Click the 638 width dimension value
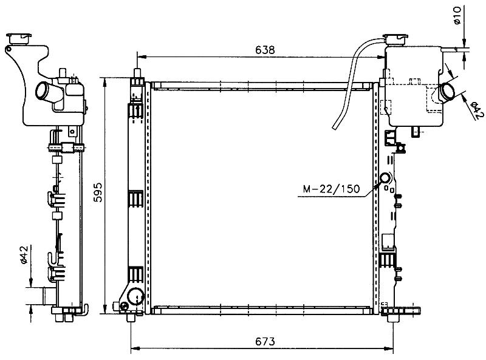265,50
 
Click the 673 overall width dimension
265,341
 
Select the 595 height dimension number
98,192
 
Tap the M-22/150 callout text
331,189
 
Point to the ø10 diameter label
457,16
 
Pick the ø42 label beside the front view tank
476,110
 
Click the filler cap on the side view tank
19,38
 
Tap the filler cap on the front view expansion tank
395,39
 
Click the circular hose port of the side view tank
42,90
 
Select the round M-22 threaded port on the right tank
385,178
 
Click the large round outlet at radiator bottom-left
135,296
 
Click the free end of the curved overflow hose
335,127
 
